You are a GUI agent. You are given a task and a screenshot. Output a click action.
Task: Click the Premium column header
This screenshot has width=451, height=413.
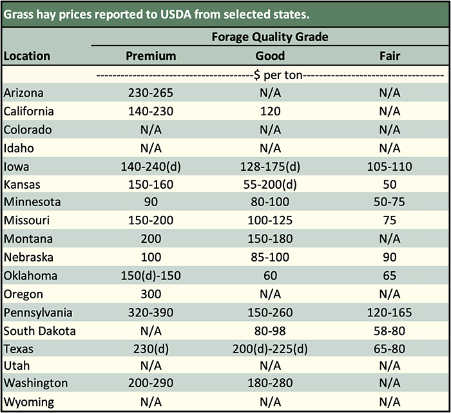pos(150,56)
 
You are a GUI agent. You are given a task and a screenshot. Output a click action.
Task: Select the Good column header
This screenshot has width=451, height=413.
pos(270,56)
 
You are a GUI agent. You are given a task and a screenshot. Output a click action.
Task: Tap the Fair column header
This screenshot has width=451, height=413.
pos(390,56)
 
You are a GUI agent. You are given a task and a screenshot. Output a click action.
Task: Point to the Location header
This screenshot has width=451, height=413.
pos(27,56)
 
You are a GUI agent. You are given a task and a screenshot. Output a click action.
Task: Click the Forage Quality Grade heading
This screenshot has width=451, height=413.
pos(270,37)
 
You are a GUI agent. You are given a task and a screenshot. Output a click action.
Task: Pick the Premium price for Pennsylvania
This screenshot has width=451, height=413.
pos(150,313)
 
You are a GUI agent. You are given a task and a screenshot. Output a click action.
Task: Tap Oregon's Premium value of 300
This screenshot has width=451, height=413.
pos(150,294)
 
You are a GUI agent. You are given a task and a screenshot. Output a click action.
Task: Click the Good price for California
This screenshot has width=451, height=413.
pos(270,111)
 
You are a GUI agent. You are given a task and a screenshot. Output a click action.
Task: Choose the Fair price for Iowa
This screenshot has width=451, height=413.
pos(390,167)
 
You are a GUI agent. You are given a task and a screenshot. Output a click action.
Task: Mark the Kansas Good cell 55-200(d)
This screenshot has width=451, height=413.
pos(270,185)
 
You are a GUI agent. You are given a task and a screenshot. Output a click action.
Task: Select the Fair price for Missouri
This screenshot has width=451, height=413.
pos(390,221)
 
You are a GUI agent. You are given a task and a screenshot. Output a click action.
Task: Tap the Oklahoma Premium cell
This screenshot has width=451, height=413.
pos(150,276)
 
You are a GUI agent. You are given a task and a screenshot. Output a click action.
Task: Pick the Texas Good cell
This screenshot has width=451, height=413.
pos(270,350)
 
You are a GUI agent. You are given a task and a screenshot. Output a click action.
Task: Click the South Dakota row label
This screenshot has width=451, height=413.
pos(40,331)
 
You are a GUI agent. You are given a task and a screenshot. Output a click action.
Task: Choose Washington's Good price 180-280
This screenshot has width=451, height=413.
pos(270,383)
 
